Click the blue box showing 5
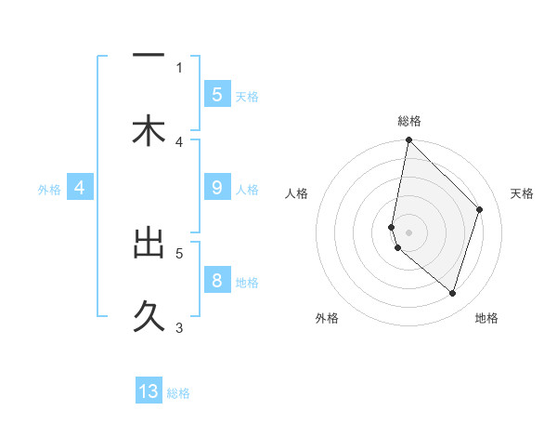(x=216, y=94)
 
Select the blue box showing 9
(x=216, y=188)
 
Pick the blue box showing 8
(x=216, y=281)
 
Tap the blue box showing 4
(x=80, y=188)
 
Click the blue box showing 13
(x=149, y=391)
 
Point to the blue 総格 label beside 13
(x=178, y=393)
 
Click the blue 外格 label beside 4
(x=49, y=189)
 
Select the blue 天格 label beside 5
(x=247, y=96)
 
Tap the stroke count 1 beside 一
(x=179, y=67)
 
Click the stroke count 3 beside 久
(x=179, y=326)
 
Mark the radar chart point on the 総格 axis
(x=408, y=140)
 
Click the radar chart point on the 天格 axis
(x=480, y=209)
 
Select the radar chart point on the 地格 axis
(x=452, y=293)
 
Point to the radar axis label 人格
(x=297, y=193)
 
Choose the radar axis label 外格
(x=327, y=319)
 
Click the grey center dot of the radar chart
(x=408, y=232)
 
